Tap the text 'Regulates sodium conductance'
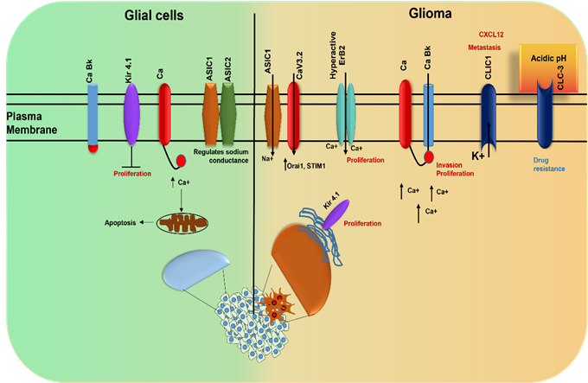point(227,156)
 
